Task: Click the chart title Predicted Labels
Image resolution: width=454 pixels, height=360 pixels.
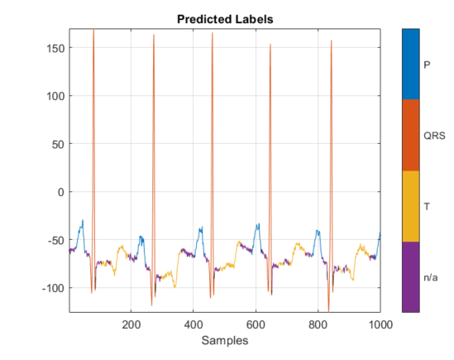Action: click(x=225, y=18)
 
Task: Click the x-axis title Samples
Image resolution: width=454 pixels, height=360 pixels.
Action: click(x=225, y=340)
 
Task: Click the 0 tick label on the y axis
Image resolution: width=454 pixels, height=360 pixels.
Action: click(x=60, y=192)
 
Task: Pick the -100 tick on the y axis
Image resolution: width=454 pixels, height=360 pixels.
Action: click(x=51, y=288)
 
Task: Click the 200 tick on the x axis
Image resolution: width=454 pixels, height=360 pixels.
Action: click(x=131, y=323)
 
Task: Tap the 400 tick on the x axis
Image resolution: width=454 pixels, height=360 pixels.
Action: click(x=193, y=323)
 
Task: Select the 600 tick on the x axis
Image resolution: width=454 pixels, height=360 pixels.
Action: click(x=256, y=323)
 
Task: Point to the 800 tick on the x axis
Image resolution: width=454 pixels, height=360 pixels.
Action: click(x=318, y=323)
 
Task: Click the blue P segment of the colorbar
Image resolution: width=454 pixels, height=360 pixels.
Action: click(x=410, y=64)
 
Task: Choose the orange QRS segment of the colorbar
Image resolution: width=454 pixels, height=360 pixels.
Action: click(x=410, y=135)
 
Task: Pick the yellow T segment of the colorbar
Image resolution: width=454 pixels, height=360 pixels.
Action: click(x=410, y=206)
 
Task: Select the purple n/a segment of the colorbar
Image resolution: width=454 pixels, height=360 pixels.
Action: click(x=410, y=276)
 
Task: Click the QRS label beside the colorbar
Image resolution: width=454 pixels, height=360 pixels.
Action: click(x=434, y=135)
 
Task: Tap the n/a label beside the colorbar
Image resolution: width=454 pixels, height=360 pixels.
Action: click(x=431, y=277)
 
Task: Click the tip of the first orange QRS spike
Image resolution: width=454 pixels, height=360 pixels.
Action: click(x=93, y=31)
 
